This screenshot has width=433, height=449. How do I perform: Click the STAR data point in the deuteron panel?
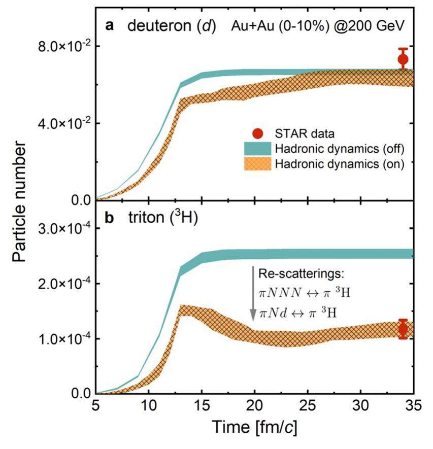coord(403,59)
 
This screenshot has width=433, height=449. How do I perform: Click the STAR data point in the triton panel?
coord(403,329)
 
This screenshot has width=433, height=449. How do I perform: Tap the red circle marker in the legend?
coord(258,133)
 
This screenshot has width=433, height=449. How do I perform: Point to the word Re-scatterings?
coord(301,274)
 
